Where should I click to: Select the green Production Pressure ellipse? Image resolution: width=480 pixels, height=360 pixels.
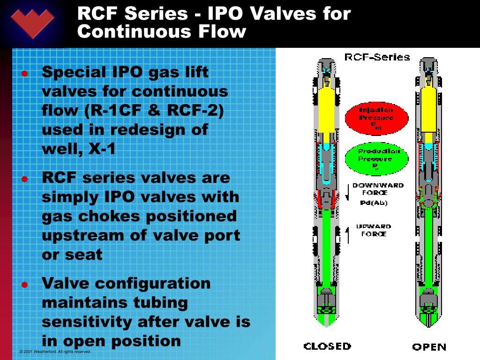[x=376, y=158]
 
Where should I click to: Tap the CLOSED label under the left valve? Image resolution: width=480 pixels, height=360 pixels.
[x=327, y=346]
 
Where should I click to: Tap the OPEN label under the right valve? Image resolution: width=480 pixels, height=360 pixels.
[x=429, y=347]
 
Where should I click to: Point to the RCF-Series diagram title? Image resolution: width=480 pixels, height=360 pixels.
[x=377, y=57]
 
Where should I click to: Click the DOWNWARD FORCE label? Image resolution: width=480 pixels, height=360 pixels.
[x=378, y=188]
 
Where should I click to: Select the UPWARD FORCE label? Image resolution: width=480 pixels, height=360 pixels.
[x=374, y=230]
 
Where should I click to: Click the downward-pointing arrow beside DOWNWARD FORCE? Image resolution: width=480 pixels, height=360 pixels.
[x=347, y=192]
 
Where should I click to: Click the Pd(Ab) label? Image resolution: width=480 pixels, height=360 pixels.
[x=374, y=202]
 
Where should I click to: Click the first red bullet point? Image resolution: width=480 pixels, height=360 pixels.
[x=25, y=74]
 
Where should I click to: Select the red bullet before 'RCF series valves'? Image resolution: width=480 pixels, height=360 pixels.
[x=25, y=179]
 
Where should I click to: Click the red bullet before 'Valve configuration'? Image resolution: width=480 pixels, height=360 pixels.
[x=25, y=285]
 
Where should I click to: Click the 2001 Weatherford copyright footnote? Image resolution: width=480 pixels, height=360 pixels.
[x=55, y=352]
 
